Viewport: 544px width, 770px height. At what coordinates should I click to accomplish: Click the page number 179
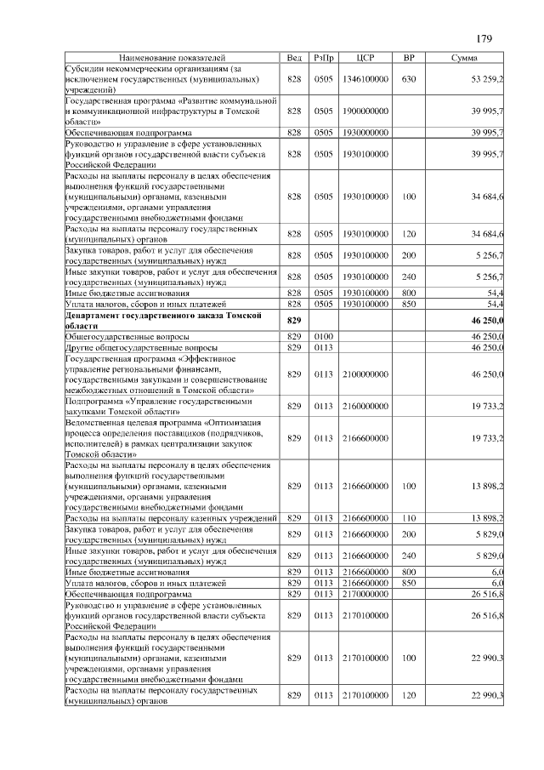click(484, 38)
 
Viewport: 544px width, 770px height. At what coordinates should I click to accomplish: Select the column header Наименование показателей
click(173, 57)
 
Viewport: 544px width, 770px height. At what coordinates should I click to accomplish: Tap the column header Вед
click(294, 57)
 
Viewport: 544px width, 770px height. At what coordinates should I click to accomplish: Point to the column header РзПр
click(324, 57)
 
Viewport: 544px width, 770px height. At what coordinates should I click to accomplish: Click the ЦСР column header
click(366, 57)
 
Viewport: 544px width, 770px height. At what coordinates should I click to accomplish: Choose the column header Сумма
click(464, 57)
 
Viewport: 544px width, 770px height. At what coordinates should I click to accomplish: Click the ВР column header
click(409, 57)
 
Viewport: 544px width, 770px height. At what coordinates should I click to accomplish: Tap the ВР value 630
click(409, 78)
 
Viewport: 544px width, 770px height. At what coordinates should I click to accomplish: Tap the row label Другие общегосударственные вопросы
click(141, 347)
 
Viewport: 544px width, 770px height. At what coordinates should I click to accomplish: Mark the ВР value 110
click(409, 517)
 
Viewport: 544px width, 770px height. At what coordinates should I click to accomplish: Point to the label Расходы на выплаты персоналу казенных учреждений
click(172, 517)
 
